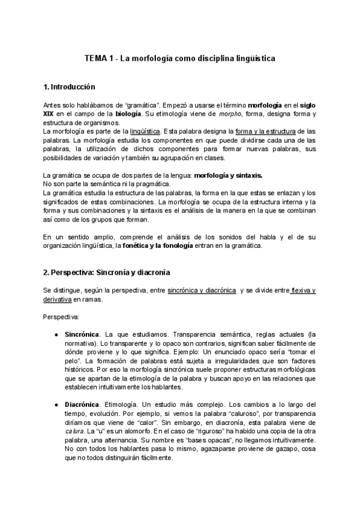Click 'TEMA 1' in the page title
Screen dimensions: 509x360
point(99,59)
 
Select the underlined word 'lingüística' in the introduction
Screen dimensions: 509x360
point(145,131)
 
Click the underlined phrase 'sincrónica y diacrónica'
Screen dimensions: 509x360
point(202,290)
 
